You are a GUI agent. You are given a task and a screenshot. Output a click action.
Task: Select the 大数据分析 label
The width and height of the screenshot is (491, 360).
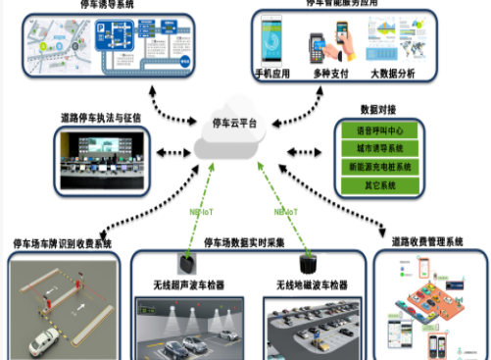pyautogui.click(x=393, y=73)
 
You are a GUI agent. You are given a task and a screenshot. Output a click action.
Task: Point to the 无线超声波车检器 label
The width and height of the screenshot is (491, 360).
pyautogui.click(x=189, y=285)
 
